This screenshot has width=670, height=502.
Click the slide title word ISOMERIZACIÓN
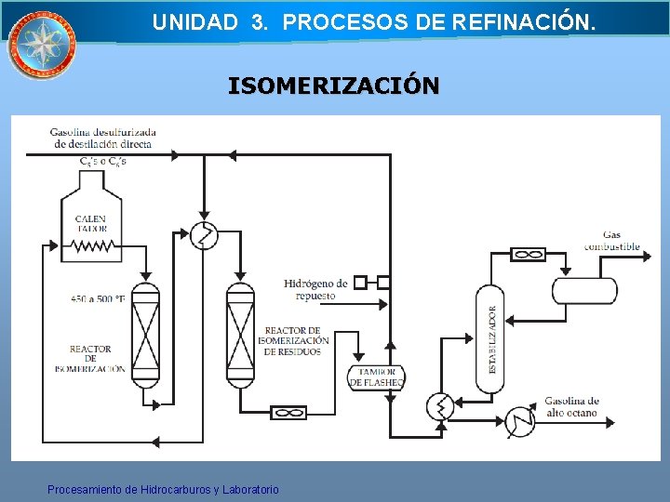coord(334,86)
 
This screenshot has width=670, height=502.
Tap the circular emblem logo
coord(40,44)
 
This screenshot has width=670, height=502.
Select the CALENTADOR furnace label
coord(91,224)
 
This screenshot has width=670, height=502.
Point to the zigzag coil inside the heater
coord(92,247)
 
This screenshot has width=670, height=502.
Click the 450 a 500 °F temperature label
coord(99,299)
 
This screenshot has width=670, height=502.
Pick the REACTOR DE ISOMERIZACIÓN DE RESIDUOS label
coord(292,341)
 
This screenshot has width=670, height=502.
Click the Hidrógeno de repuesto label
coord(315,289)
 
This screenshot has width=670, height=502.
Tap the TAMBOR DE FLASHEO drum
coord(377,377)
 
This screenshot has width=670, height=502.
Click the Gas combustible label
coord(611,241)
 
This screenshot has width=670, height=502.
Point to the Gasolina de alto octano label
coord(572,406)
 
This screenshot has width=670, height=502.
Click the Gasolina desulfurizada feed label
coord(104,138)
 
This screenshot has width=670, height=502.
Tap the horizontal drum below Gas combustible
coord(584,290)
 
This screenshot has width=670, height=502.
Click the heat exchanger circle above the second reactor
coord(204,236)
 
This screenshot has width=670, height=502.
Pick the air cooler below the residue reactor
coord(288,412)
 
